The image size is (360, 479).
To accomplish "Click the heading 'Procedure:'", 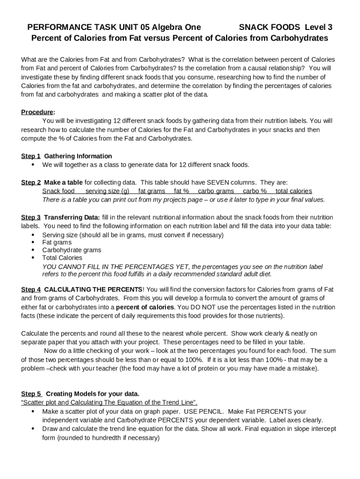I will point(38,112).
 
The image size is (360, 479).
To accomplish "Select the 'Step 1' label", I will point(31,156).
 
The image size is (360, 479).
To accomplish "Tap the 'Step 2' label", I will point(31,182).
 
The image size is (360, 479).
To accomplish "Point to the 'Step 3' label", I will point(31,218).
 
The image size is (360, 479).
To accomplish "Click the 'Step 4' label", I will point(31,290).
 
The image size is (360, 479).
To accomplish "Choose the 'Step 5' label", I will point(31,394).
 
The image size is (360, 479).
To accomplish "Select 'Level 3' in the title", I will point(319,27).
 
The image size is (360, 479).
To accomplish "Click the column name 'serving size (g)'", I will point(107,191).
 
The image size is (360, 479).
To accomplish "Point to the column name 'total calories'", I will point(294,191).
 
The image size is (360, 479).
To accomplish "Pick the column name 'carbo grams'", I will point(216,191).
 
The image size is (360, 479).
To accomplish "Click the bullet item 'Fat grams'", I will point(57,243).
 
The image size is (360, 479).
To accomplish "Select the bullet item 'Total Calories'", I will point(62,258).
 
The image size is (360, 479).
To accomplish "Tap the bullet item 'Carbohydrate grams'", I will point(72,250).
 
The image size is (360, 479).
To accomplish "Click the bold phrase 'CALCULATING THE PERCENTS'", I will point(93,290).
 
